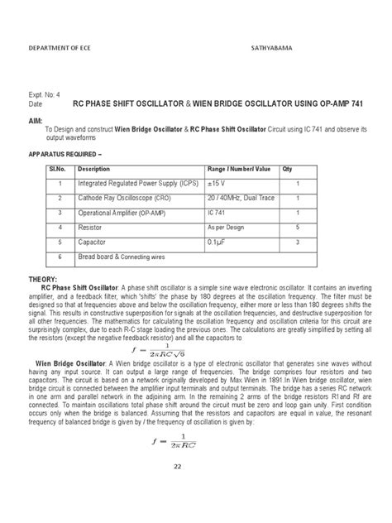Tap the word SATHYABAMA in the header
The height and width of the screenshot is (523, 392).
(x=273, y=49)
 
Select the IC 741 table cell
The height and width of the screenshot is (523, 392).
(x=218, y=213)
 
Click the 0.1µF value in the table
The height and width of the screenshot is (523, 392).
(x=219, y=242)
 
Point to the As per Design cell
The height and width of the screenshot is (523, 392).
(x=225, y=226)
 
